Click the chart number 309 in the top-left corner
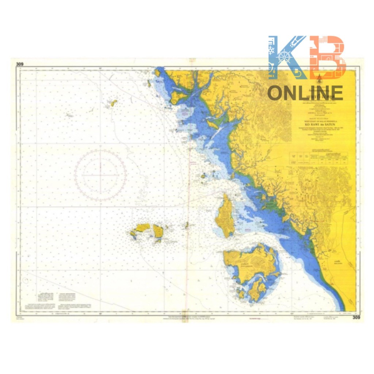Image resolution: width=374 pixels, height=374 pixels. tap(20, 64)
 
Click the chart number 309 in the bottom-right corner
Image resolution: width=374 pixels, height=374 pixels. tap(356, 317)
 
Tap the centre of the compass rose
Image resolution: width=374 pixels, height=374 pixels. tap(100, 175)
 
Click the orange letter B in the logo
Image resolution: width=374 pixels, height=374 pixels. tap(327, 57)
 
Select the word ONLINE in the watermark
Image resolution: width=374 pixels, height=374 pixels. tap(305, 93)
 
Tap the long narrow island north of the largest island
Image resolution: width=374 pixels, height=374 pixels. tap(225, 217)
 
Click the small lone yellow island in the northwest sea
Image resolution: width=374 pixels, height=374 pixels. tap(114, 103)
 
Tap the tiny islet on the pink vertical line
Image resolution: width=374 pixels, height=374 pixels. tap(187, 225)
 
